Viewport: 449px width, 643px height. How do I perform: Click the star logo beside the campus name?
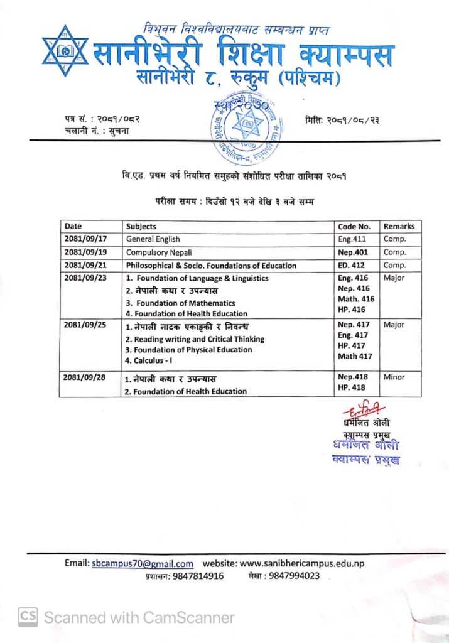65,51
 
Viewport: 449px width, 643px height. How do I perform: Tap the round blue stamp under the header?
245,121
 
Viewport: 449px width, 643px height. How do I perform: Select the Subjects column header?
141,226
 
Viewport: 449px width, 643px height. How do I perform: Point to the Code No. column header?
354,226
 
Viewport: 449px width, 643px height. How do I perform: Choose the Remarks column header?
399,226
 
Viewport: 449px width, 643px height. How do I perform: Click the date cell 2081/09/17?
86,239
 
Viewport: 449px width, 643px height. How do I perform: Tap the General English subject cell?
153,239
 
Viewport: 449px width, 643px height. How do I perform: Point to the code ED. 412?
352,266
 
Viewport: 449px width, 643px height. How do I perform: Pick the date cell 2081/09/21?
86,266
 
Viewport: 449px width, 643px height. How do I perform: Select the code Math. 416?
355,299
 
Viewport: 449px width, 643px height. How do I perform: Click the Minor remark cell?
394,377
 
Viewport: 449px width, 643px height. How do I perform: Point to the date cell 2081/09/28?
86,377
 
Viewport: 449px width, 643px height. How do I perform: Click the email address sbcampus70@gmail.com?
143,563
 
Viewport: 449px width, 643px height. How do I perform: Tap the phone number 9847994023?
293,576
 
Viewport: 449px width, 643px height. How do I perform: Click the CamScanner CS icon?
28,617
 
